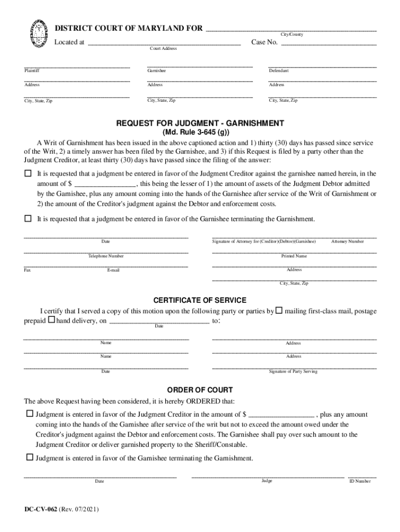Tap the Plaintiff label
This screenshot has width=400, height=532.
(x=32, y=71)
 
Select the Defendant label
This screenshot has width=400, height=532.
(x=279, y=71)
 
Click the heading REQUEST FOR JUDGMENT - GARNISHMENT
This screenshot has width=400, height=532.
(x=200, y=123)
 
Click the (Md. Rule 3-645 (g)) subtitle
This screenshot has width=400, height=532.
(x=200, y=132)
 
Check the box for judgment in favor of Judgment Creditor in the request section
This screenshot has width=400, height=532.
(x=28, y=173)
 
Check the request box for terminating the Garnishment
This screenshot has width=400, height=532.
(x=28, y=219)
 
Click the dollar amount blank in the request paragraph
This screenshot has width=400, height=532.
(x=105, y=184)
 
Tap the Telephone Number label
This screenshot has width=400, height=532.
(x=106, y=256)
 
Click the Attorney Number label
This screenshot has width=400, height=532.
(x=348, y=242)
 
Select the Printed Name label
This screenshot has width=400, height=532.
(x=294, y=256)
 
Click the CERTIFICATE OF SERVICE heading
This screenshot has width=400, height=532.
(x=200, y=300)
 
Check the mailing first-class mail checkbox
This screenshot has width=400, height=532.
(x=279, y=311)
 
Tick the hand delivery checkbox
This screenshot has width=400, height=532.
(x=51, y=321)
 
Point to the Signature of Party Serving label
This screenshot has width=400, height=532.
(x=293, y=371)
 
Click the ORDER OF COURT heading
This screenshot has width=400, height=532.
(x=200, y=390)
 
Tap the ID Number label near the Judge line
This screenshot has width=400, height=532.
(x=360, y=481)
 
